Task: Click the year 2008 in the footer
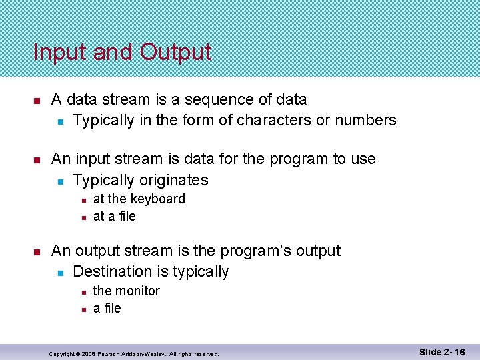coord(89,353)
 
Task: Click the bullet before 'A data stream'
coord(37,101)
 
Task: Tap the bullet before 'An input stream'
coord(37,159)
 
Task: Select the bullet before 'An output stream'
coord(37,251)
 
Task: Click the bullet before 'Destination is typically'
coord(60,273)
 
